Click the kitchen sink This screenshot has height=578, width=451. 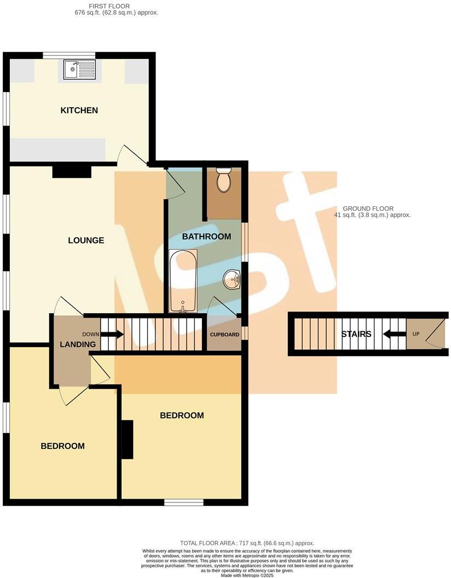click(x=79, y=70)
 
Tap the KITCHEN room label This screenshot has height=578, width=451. click(x=79, y=111)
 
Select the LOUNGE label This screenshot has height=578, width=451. click(x=86, y=240)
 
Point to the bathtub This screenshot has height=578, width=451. click(x=183, y=281)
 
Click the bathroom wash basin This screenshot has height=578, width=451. click(x=233, y=280)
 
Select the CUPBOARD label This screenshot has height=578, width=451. click(x=225, y=334)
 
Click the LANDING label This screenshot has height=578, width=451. click(x=78, y=344)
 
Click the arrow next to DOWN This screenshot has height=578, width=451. click(x=112, y=334)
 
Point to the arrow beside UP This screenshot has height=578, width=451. click(x=394, y=334)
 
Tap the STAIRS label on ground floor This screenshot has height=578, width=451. click(x=356, y=334)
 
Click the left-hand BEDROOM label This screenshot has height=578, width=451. click(x=63, y=446)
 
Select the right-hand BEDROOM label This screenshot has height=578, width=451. click(x=182, y=415)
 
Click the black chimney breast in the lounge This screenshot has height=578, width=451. click(x=72, y=172)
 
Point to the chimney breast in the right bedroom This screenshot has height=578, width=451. click(x=127, y=440)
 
